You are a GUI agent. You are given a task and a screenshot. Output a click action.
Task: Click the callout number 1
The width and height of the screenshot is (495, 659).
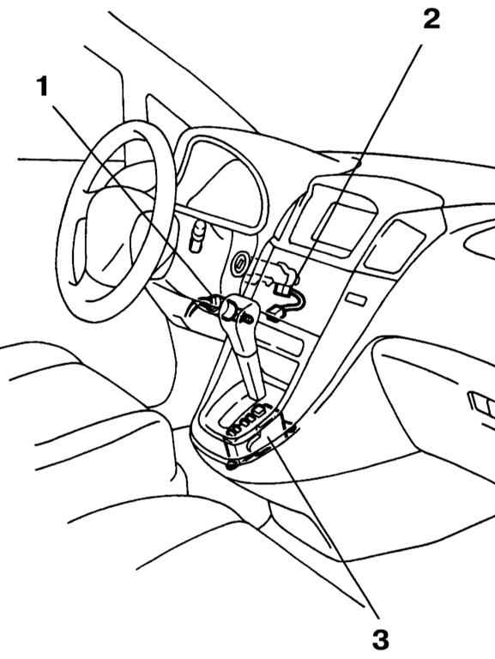[42, 87]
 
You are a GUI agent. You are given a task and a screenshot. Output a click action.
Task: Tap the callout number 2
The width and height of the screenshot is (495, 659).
[432, 19]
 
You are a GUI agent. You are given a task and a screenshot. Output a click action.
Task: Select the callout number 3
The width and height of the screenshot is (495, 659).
[381, 640]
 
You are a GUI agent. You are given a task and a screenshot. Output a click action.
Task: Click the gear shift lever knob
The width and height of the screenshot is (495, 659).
[238, 311]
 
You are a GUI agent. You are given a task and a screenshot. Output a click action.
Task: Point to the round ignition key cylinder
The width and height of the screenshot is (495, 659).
[240, 265]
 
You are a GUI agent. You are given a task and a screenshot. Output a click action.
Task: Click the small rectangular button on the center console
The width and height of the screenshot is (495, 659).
[356, 299]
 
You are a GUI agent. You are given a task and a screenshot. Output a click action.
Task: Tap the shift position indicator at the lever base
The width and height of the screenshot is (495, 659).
[248, 420]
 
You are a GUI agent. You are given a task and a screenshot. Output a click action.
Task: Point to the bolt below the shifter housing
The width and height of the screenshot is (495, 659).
[231, 465]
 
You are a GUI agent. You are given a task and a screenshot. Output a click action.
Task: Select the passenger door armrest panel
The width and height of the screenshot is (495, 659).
[433, 399]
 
